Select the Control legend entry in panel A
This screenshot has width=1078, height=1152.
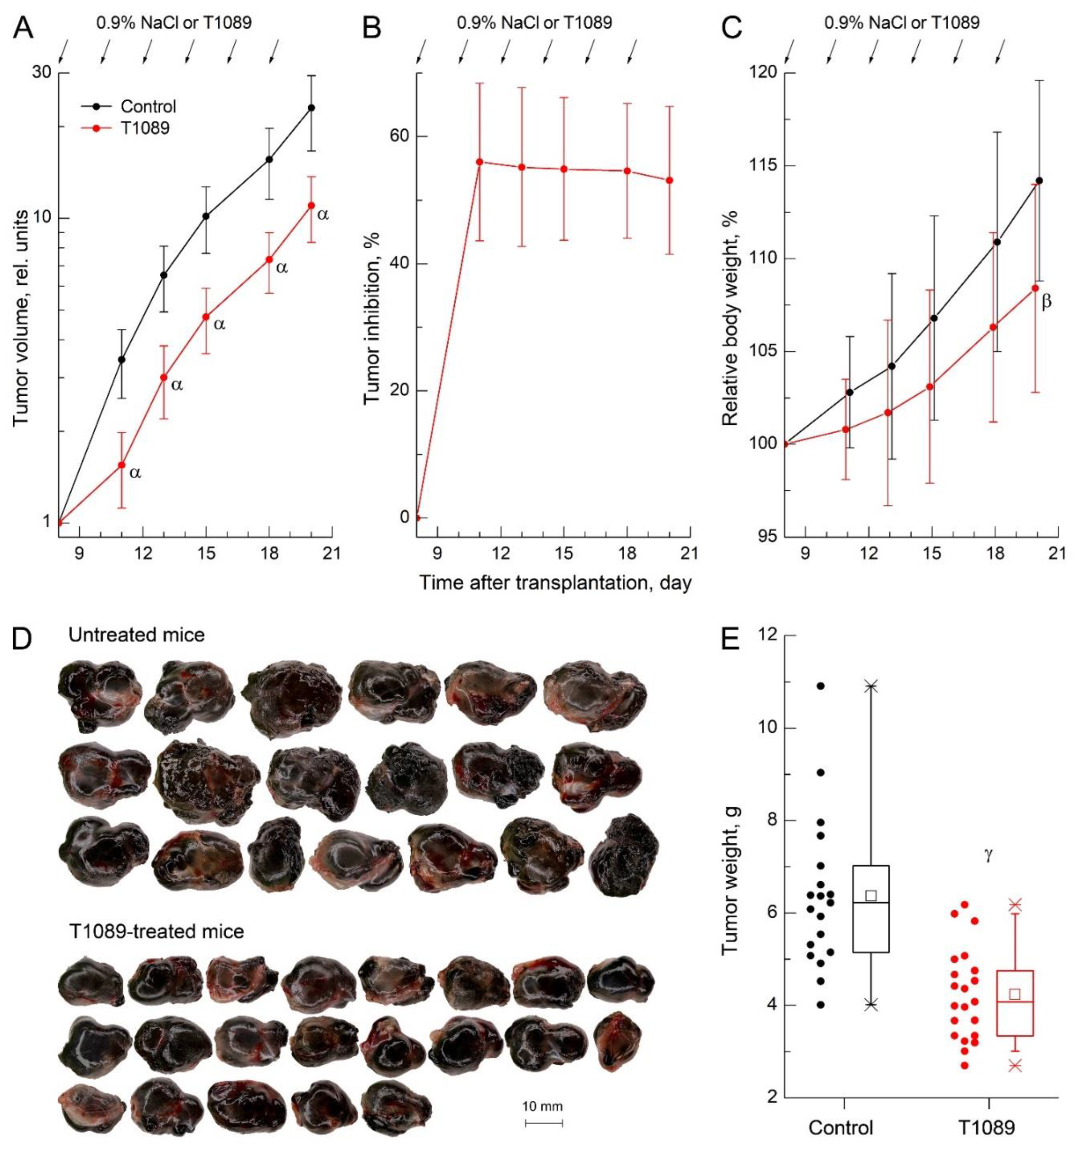(147, 107)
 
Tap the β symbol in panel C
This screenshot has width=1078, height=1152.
(1046, 302)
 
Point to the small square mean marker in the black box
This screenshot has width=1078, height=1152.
(871, 895)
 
